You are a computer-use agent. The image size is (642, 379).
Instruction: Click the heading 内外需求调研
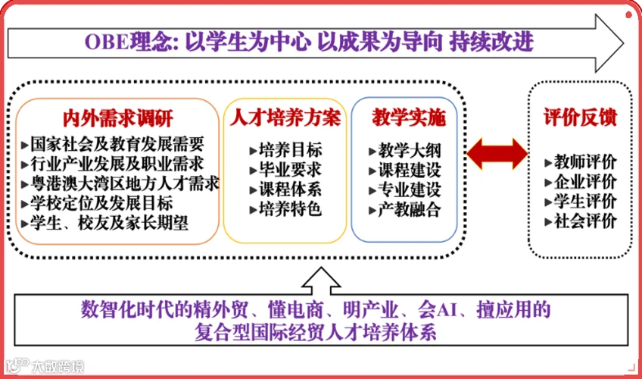point(118,118)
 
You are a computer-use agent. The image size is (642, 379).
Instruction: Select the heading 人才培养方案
point(285,117)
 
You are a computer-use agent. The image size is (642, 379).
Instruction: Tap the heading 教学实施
point(409,117)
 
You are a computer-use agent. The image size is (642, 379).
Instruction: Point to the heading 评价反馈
point(580,117)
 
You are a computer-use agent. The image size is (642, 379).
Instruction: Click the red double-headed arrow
point(497,154)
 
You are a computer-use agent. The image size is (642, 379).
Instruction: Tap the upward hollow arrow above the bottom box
point(321,281)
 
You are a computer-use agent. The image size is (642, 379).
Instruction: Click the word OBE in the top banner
point(107,42)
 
